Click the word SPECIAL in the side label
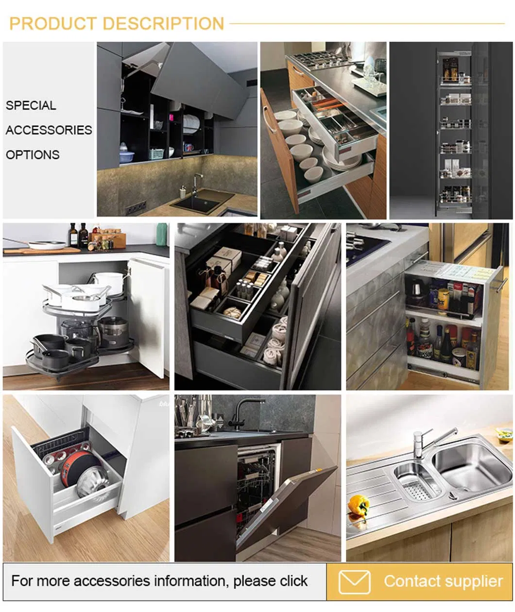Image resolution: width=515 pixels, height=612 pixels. point(31,105)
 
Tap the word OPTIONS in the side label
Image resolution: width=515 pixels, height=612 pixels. point(33,155)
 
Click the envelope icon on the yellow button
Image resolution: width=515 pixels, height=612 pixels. point(354,582)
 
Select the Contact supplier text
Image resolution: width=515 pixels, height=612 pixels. point(443,581)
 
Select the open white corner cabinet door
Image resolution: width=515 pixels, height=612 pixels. point(147,318)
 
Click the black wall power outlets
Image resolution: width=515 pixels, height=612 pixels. point(136,208)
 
